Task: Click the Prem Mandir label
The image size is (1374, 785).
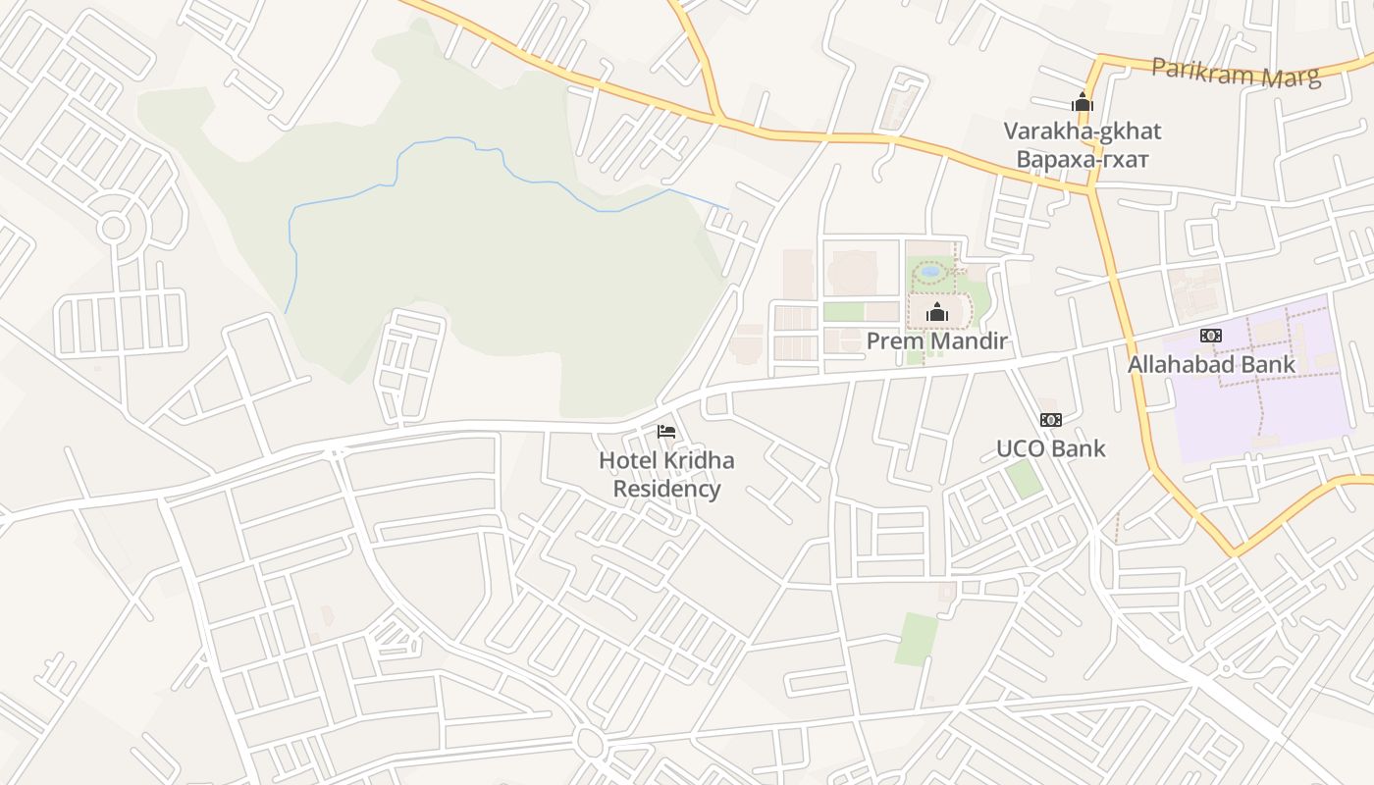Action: (936, 341)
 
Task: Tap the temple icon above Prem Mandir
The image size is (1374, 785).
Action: (937, 313)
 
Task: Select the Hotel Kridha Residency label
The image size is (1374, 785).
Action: (666, 474)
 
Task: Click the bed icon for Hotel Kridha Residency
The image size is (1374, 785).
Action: (666, 432)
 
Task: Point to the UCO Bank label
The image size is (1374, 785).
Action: (1050, 448)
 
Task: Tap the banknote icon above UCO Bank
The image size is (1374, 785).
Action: (1050, 420)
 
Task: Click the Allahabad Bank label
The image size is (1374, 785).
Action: (1211, 364)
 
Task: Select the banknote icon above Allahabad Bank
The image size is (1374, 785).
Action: (1211, 336)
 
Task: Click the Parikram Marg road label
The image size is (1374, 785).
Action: (1236, 73)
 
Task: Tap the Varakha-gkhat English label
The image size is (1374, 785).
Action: (1082, 131)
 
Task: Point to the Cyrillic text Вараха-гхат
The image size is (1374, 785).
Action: (1082, 158)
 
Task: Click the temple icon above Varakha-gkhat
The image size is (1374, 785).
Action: (1082, 102)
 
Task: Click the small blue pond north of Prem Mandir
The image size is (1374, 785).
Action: (930, 271)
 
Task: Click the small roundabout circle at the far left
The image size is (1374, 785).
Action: (113, 228)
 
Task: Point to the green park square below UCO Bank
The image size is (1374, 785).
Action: (1023, 478)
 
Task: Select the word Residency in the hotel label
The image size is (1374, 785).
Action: (666, 489)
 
